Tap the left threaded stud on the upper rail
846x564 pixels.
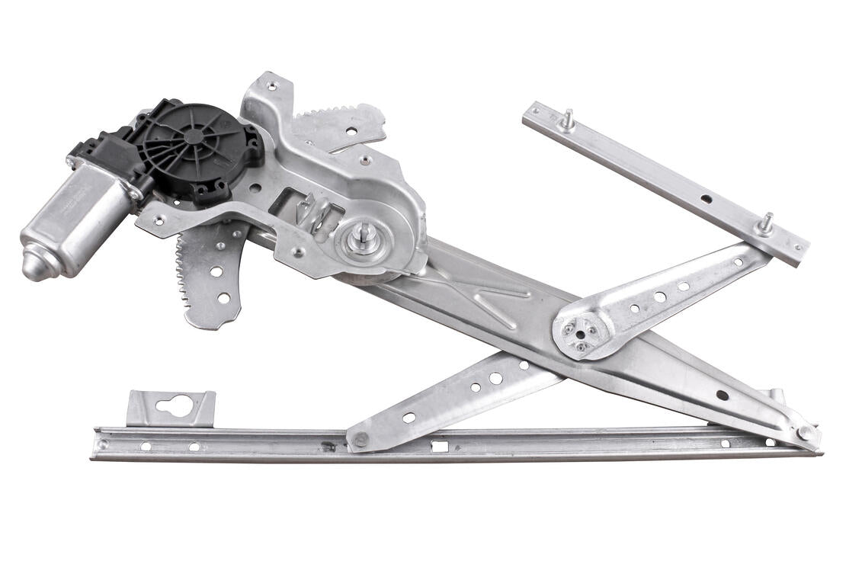(566, 120)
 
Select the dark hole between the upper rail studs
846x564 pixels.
(707, 199)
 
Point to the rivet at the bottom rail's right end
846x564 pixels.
(805, 432)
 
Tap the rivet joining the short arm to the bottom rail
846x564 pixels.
(359, 440)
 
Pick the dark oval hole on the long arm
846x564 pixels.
(721, 395)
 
